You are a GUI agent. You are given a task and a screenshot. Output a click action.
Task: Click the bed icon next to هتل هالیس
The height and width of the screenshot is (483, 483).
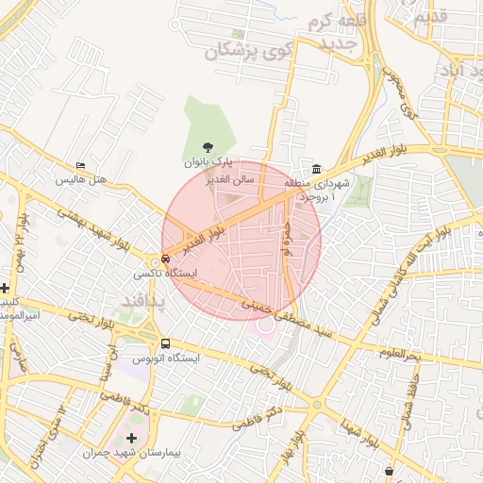click(80, 166)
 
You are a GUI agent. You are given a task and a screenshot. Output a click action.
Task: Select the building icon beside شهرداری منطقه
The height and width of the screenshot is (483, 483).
click(316, 167)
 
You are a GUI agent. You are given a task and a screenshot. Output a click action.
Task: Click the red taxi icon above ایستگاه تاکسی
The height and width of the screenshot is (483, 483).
click(166, 258)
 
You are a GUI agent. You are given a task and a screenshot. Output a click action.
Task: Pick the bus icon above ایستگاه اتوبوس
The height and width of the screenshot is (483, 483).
click(166, 344)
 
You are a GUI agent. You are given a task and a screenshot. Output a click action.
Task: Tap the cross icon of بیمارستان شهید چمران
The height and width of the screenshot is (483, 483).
click(130, 439)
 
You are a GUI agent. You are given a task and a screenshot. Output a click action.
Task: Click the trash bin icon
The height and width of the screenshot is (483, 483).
click(390, 470)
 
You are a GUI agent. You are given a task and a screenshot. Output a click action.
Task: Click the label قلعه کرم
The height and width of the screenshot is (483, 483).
click(338, 20)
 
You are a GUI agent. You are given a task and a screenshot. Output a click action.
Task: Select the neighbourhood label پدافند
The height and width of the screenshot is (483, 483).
click(144, 300)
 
